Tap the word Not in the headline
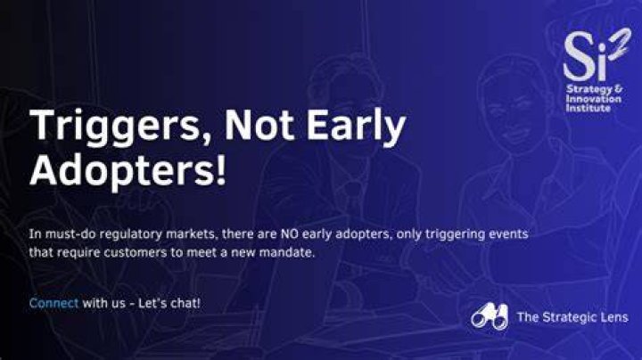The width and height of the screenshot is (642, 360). tap(259, 124)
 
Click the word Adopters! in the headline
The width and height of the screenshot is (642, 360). tap(128, 170)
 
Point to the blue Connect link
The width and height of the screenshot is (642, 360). tap(53, 303)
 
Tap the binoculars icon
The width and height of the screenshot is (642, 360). tap(490, 316)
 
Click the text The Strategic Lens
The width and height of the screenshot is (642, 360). tap(572, 317)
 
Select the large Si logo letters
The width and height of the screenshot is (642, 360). tap(585, 56)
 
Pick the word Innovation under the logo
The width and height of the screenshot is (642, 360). tap(594, 99)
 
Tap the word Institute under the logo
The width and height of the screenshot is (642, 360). tap(588, 109)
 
